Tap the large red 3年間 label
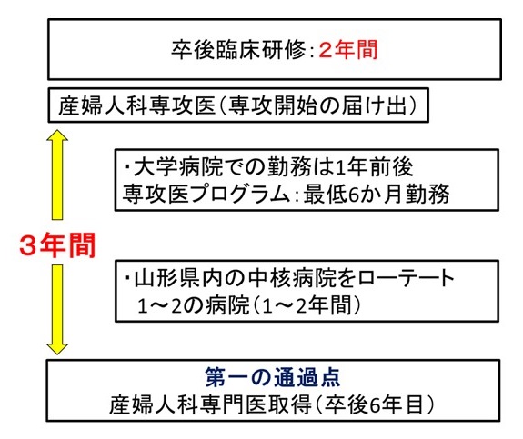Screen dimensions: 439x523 coord(57,244)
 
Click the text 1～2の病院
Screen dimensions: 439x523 coord(183,302)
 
